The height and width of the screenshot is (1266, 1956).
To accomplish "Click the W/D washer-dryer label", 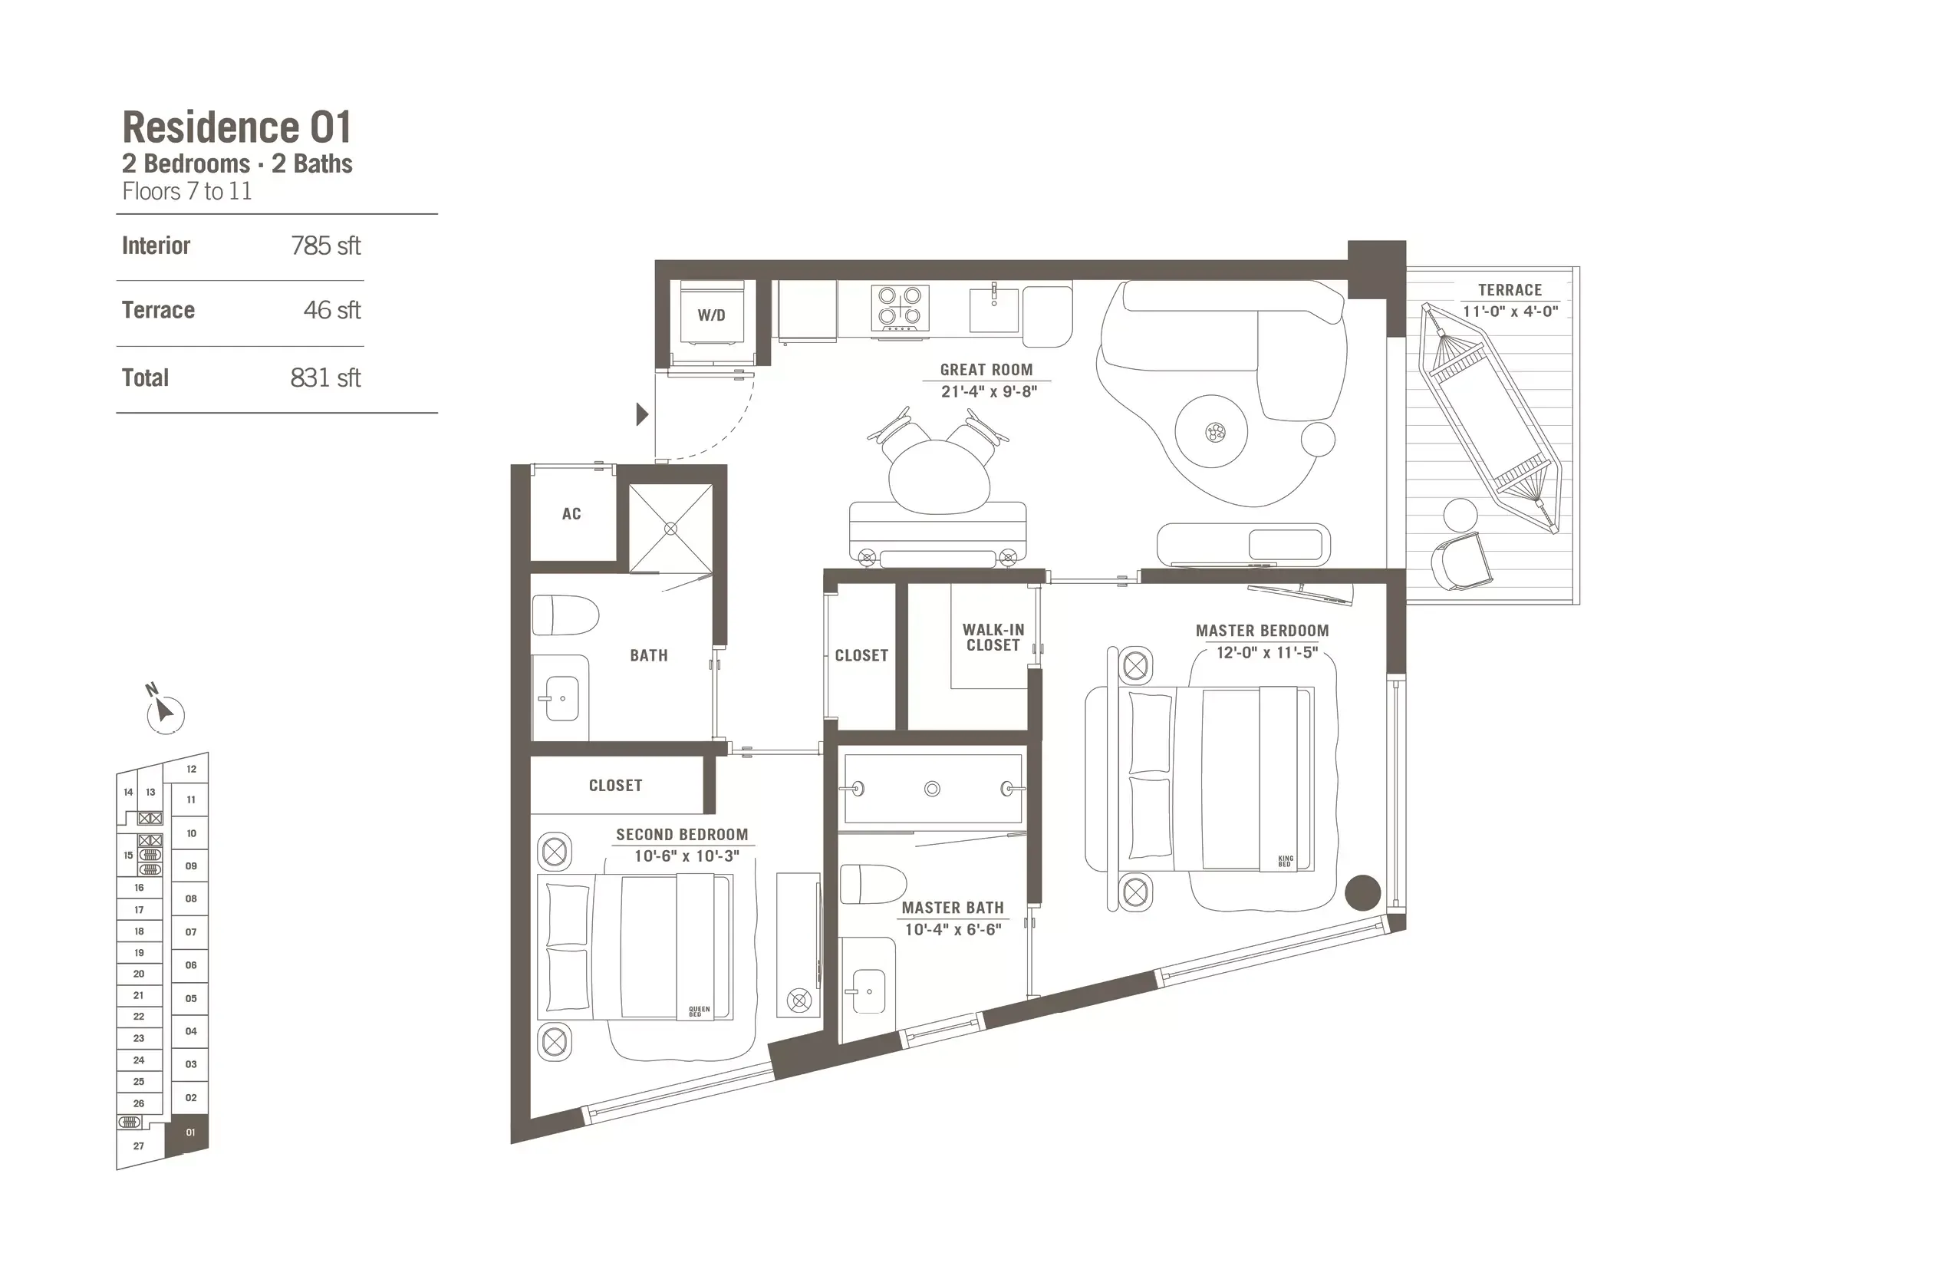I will pos(711,315).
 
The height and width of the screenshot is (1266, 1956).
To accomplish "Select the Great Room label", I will pos(986,370).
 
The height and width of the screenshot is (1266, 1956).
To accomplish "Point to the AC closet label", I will pos(571,514).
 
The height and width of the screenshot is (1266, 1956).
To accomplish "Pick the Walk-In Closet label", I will pos(993,638).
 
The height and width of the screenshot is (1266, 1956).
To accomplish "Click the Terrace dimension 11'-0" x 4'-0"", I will pos(1510,312).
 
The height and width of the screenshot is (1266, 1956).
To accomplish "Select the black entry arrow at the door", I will pos(643,414).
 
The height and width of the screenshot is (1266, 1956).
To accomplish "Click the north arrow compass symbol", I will pos(165,712).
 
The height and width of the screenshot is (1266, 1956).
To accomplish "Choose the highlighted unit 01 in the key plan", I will pos(190,1132).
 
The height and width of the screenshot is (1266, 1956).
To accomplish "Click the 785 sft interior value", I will pos(325,246).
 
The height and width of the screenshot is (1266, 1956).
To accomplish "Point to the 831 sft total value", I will pos(325,377).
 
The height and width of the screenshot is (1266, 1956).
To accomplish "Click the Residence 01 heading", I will pos(237,127).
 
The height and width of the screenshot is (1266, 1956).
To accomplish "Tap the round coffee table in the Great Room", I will pos(1211,431).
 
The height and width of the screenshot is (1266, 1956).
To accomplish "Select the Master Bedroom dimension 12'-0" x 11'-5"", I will pos(1266,653).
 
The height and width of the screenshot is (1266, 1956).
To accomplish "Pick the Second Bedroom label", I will pos(682,835).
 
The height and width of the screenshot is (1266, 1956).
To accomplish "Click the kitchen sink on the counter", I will pos(993,309).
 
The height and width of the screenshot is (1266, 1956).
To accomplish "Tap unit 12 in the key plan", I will pos(192,770).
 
